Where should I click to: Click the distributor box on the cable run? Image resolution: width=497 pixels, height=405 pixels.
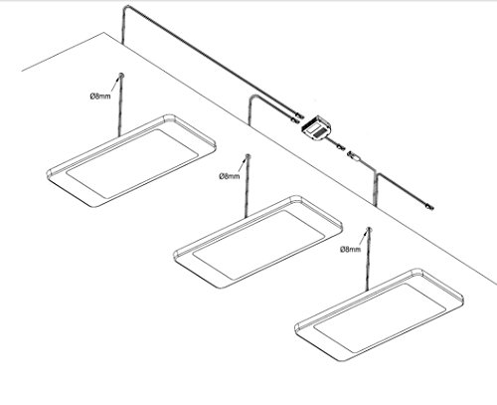click(x=317, y=127)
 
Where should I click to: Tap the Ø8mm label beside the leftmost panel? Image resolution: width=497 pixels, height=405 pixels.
click(x=100, y=97)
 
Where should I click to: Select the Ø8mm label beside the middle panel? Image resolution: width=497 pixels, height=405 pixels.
click(x=229, y=176)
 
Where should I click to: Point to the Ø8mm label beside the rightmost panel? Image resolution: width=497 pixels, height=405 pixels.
click(x=350, y=249)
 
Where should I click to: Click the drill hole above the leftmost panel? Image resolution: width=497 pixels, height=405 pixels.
click(x=121, y=75)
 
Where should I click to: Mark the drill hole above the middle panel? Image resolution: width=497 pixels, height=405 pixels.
click(x=247, y=156)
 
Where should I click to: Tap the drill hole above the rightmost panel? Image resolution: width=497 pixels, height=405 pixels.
click(x=369, y=229)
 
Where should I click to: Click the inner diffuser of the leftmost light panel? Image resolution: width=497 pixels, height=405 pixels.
click(x=132, y=163)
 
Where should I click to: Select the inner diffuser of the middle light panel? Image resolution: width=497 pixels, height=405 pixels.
click(x=258, y=245)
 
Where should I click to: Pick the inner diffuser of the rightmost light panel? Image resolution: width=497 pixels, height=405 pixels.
click(x=380, y=318)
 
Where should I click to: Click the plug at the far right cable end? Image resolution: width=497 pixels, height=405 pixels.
click(x=429, y=207)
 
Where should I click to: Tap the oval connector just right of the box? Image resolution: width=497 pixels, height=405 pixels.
click(x=353, y=156)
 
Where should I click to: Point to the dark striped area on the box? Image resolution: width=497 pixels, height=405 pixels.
click(x=319, y=132)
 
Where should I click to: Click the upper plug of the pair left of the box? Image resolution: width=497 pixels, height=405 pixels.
click(x=299, y=115)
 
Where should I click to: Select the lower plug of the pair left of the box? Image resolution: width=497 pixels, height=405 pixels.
click(x=293, y=118)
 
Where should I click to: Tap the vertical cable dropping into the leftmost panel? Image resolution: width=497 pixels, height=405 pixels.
click(x=120, y=106)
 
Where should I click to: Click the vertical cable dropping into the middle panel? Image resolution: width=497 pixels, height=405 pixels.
click(x=247, y=187)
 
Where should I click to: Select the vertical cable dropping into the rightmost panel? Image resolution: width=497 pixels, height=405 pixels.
click(x=368, y=261)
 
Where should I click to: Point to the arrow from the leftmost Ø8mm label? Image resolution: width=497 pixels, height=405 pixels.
click(x=115, y=84)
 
